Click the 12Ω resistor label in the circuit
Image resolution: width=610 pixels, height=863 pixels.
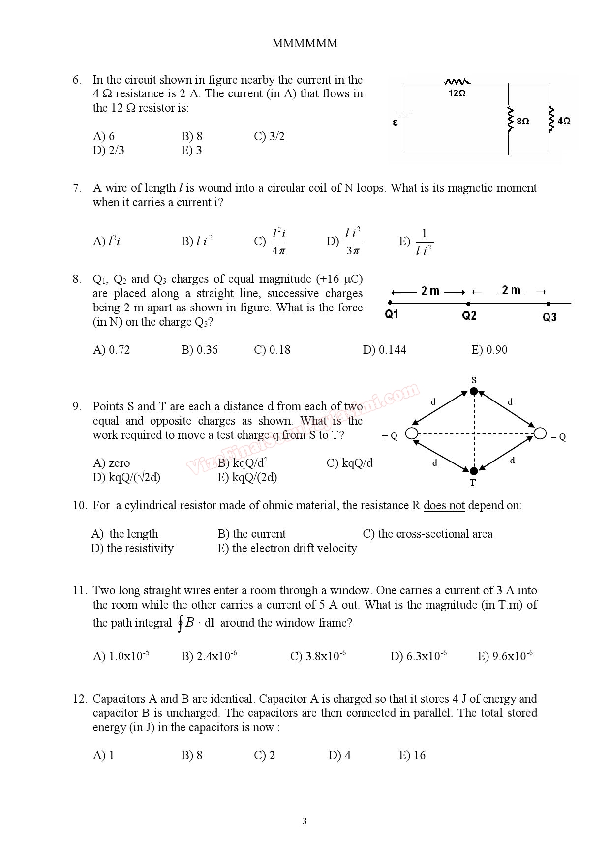pos(457,93)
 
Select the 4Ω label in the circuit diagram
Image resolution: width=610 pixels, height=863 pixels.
pos(564,121)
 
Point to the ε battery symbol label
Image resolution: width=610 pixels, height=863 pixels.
pos(395,123)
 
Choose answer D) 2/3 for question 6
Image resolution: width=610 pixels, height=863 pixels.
pos(109,150)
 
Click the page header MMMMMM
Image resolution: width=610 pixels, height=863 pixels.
pos(305,43)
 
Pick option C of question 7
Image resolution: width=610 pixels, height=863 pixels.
pos(271,241)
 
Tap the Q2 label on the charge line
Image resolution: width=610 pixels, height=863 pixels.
pos(469,316)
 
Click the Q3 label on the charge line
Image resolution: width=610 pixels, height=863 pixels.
pos(549,317)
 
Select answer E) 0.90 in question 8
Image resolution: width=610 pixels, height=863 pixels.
pos(489,350)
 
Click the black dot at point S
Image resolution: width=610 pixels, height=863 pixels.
pos(474,391)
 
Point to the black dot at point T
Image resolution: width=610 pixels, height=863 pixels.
pos(474,471)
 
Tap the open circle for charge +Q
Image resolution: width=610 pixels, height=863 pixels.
pos(412,433)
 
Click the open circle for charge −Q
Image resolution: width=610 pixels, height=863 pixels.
pos(540,433)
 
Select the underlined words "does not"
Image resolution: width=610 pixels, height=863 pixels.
pos(444,506)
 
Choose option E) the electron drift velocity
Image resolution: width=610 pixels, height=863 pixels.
pos(287,548)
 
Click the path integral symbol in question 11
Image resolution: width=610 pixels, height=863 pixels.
pos(181,623)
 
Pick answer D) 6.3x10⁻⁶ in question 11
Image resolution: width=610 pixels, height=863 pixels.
pos(419,656)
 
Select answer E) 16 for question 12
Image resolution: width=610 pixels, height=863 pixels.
pos(412,755)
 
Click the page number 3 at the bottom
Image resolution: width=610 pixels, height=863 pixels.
pos(305,821)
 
